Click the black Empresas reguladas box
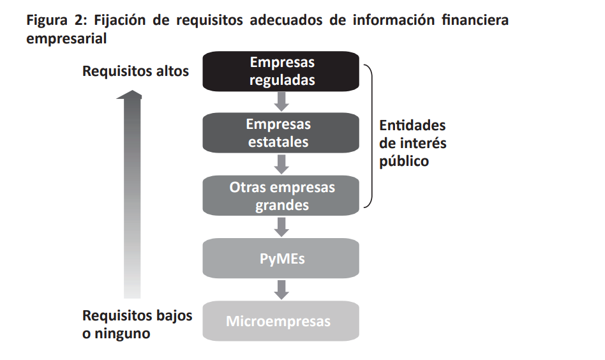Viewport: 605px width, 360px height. click(x=281, y=71)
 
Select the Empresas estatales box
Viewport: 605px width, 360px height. click(x=281, y=133)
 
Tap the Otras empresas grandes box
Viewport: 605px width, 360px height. click(x=281, y=196)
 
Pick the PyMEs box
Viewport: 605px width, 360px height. click(x=281, y=259)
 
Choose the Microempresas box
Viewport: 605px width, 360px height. click(x=281, y=321)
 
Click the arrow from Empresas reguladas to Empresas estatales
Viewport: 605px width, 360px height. click(x=281, y=100)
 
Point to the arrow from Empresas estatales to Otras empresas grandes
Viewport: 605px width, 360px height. click(x=281, y=163)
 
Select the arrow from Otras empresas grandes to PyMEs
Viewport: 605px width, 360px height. click(x=281, y=226)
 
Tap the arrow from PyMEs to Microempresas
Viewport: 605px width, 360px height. click(x=281, y=289)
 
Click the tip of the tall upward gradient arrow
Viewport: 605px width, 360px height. click(x=131, y=94)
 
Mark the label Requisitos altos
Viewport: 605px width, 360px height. click(x=135, y=71)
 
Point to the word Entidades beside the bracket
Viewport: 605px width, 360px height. click(x=412, y=125)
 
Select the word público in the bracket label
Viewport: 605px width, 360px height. click(x=404, y=161)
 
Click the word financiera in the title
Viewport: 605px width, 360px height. click(x=475, y=20)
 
